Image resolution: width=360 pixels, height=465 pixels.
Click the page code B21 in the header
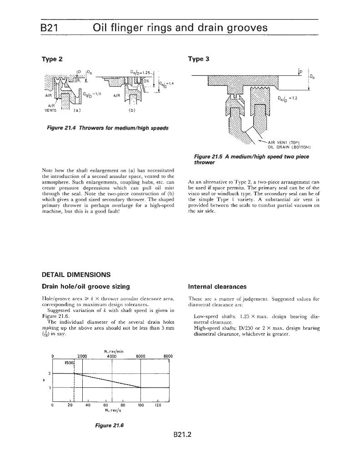click(x=49, y=28)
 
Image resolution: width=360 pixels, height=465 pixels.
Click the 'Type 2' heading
click(x=52, y=59)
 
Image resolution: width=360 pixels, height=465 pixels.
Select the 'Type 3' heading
click(x=199, y=59)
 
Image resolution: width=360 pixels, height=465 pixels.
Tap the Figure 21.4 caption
click(x=107, y=128)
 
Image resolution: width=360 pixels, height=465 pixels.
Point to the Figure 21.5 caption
click(x=251, y=159)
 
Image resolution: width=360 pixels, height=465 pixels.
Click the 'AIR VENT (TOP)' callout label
click(x=285, y=142)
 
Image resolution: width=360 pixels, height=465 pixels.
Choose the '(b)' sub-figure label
click(x=132, y=110)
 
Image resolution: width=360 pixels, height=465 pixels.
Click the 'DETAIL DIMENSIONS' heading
click(x=76, y=275)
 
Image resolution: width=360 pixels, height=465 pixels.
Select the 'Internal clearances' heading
click(x=217, y=287)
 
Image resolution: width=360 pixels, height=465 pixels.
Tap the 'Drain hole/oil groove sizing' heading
click(x=86, y=287)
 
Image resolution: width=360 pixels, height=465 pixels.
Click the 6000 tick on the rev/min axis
click(x=140, y=356)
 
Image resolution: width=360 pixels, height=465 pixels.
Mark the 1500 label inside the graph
click(x=69, y=362)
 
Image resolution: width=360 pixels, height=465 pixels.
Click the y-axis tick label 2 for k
click(x=50, y=373)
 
